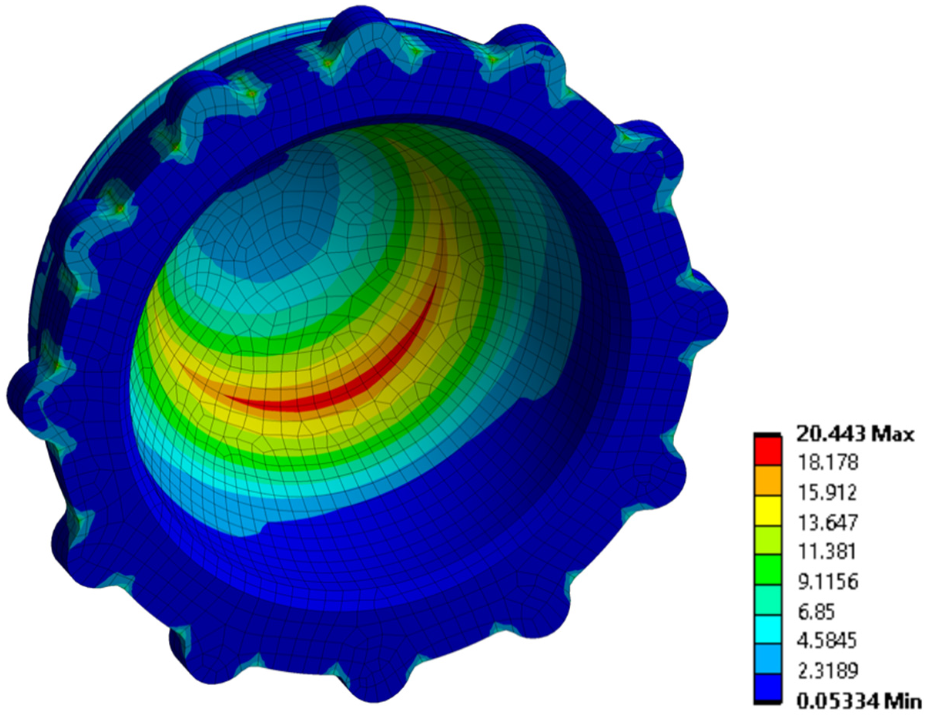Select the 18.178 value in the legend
826,463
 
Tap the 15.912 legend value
826,493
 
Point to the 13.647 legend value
826,523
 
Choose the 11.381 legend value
826,552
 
